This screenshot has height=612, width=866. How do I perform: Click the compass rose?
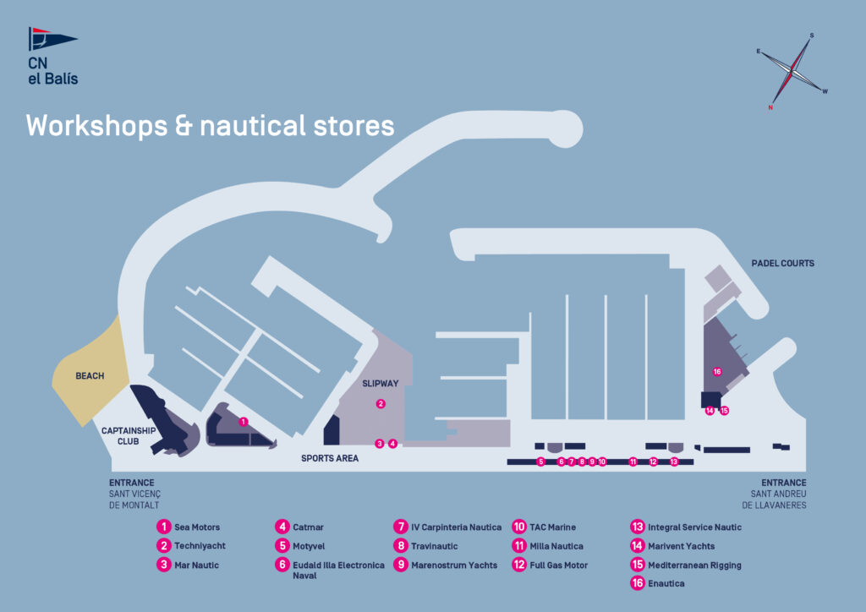tap(792, 71)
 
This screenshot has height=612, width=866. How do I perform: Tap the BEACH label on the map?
tap(90, 375)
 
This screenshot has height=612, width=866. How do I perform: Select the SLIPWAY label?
tap(381, 383)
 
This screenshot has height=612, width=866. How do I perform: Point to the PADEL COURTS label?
tap(782, 264)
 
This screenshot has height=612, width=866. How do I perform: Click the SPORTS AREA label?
tap(330, 458)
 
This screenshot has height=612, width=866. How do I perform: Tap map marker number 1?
tap(244, 421)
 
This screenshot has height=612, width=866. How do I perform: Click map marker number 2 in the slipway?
tap(381, 404)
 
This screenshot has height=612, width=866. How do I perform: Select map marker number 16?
tap(717, 372)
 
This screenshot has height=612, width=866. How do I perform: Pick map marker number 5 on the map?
tap(540, 462)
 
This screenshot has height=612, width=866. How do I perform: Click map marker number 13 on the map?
tap(674, 462)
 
